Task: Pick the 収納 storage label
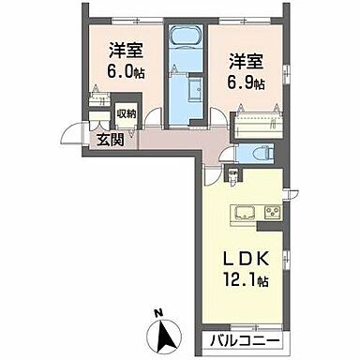(127, 114)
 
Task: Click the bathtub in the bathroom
(184, 43)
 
